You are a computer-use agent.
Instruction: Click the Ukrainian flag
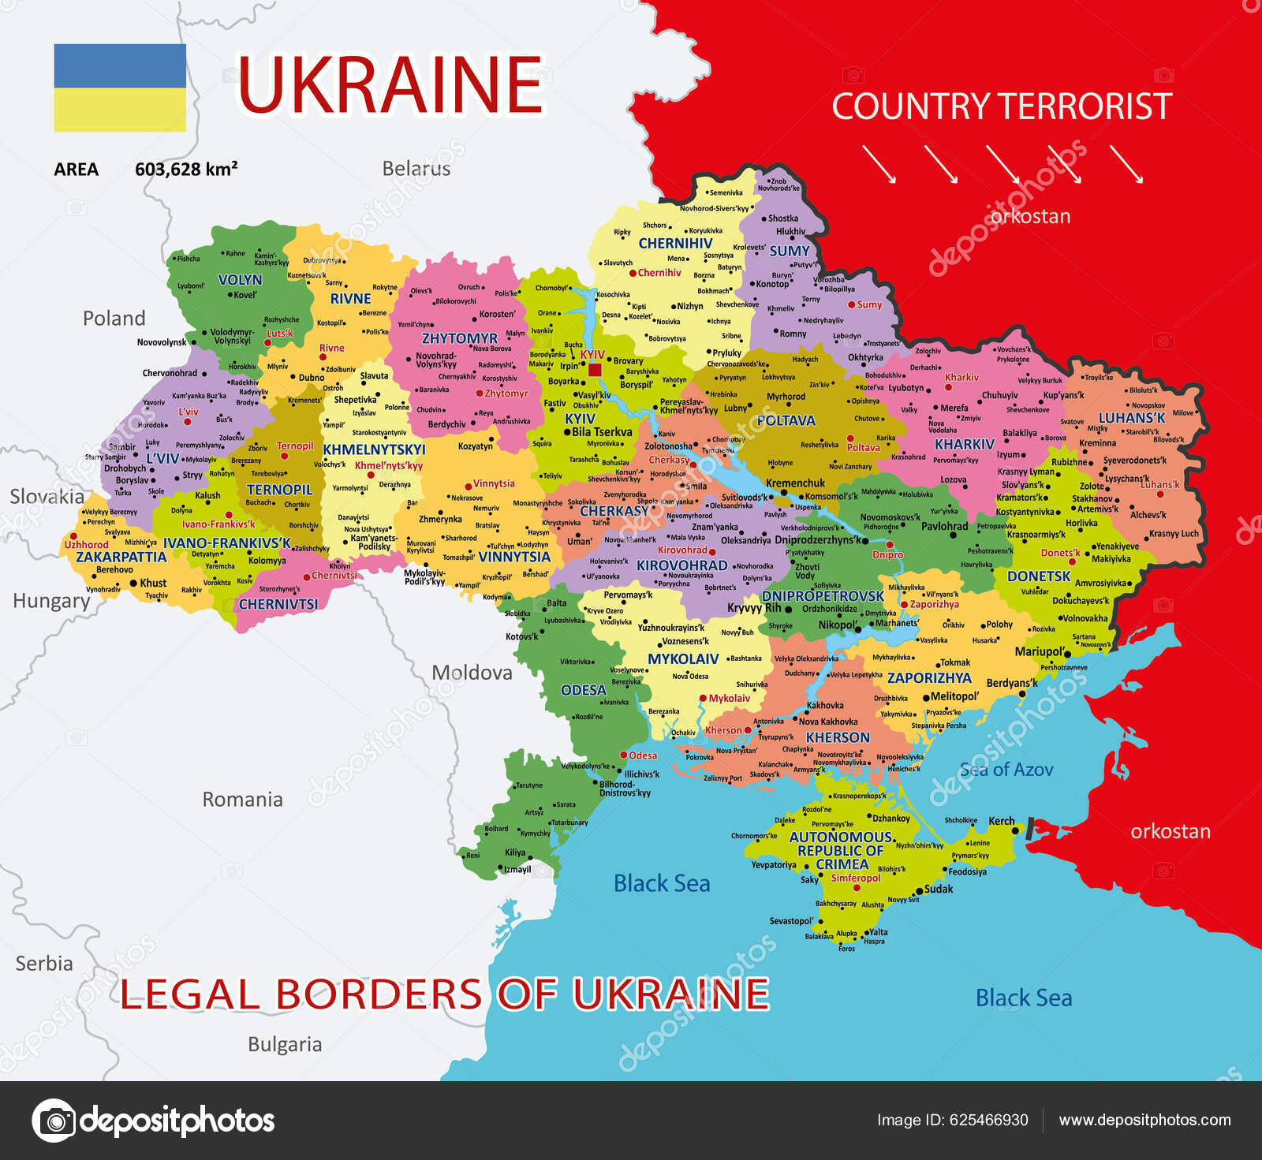point(120,88)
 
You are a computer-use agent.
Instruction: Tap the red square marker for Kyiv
point(595,370)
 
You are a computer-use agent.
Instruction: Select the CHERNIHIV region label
point(675,244)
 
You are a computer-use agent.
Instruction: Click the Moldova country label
point(472,673)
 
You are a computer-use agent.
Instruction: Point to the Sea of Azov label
point(1006,770)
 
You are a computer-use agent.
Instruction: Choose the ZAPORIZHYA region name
point(929,678)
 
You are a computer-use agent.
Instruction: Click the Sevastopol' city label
point(791,921)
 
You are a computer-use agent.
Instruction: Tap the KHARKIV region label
point(964,444)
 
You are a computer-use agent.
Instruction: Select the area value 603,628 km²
point(186,169)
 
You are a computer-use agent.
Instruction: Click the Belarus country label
point(416,168)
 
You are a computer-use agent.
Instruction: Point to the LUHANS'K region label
point(1132,418)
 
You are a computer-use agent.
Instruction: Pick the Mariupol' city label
point(1040,651)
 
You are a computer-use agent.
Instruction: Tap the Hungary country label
point(51,601)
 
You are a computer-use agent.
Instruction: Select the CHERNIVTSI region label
point(278,604)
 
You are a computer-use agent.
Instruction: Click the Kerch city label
point(1002,821)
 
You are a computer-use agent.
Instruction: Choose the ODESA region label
point(583,690)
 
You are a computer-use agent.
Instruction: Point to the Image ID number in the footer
point(988,1120)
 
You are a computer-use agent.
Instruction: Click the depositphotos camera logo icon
point(54,1120)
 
